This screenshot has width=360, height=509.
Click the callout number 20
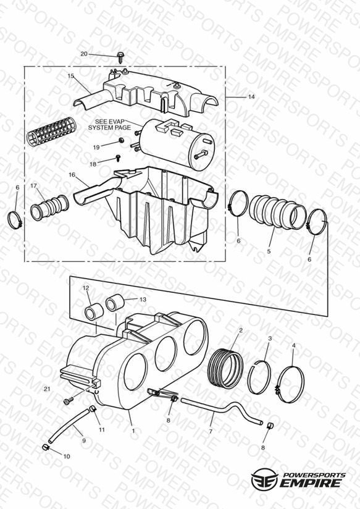point(84,54)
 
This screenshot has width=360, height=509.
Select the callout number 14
point(251,97)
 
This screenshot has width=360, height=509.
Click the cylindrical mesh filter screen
point(51,132)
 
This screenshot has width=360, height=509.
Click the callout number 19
point(96,148)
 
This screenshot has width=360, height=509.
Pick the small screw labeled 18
point(119,158)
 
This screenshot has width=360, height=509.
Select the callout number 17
point(34,186)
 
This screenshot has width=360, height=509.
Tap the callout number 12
point(86,288)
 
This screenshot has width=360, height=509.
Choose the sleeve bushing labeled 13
point(114,303)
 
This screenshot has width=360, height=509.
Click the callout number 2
point(241,330)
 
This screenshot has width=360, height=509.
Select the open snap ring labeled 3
point(259,377)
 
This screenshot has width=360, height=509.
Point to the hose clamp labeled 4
point(291,384)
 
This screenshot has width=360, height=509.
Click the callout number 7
point(211,431)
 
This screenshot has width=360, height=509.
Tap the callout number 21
point(47,389)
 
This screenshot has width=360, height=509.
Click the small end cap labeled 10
point(46,448)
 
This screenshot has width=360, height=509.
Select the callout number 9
point(84,440)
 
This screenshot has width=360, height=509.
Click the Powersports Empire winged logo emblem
point(264,479)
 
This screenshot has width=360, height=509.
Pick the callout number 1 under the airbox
point(133,431)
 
